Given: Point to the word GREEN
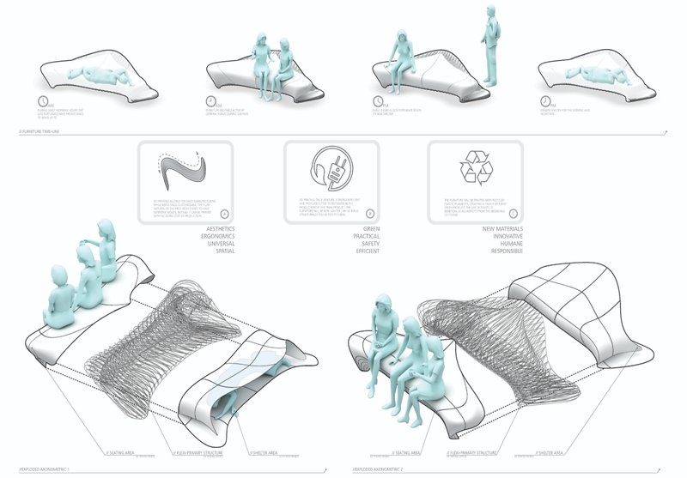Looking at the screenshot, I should tap(367, 230).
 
